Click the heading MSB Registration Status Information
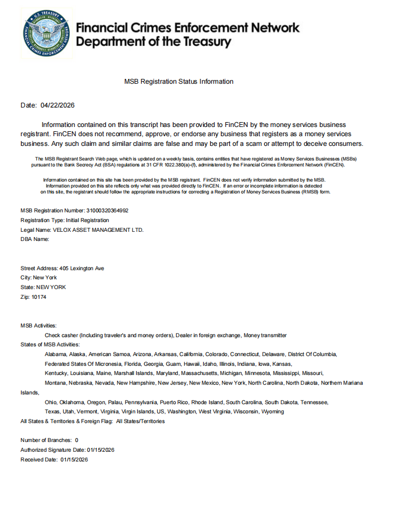[x=179, y=82]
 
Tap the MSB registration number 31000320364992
[x=108, y=210]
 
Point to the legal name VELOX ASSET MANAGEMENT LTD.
[x=102, y=230]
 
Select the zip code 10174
[x=39, y=297]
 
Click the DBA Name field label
[x=35, y=239]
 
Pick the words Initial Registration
[x=87, y=220]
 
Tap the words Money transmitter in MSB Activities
[x=265, y=335]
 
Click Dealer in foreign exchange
[x=209, y=335]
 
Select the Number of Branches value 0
[x=77, y=440]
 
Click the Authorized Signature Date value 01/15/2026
[x=101, y=450]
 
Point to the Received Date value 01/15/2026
[x=74, y=460]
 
